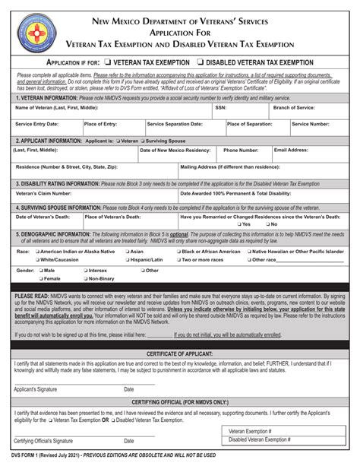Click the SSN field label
(x=221, y=108)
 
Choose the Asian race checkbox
(x=126, y=251)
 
